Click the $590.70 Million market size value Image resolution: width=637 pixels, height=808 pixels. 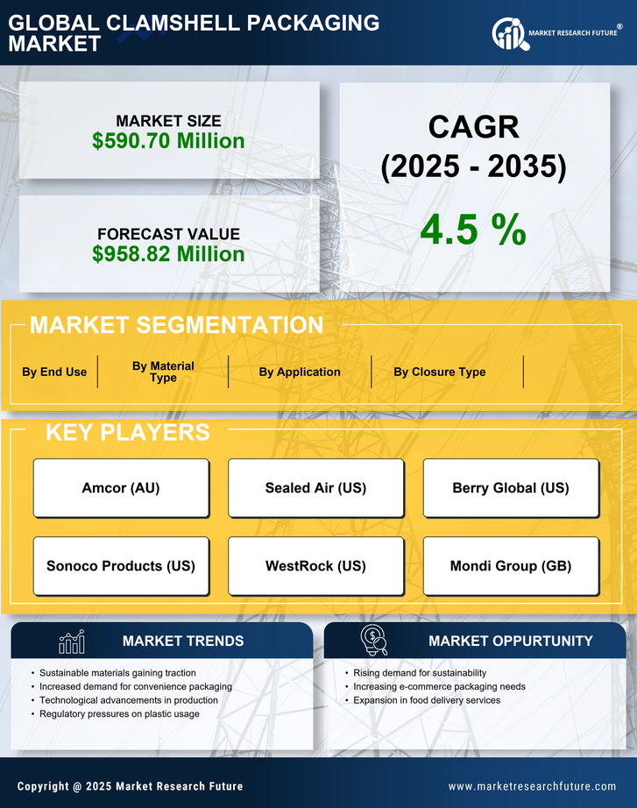click(x=168, y=140)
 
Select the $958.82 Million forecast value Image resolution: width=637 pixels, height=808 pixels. click(x=168, y=253)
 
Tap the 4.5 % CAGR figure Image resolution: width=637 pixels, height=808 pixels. click(x=473, y=229)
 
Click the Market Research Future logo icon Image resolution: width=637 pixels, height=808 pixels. click(x=509, y=34)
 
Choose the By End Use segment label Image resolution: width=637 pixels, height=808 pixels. click(x=54, y=372)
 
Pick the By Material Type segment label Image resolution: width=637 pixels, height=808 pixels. click(x=163, y=372)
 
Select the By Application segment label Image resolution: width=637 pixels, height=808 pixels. click(x=300, y=372)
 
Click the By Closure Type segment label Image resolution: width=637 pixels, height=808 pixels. click(x=439, y=372)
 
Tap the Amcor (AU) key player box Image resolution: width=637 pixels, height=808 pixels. click(x=121, y=487)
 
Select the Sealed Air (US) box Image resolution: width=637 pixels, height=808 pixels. click(x=315, y=487)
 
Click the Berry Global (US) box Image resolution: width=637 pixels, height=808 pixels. click(x=511, y=487)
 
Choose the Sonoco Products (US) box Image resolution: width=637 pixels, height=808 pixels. click(x=121, y=565)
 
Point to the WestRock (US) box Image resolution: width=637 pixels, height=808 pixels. click(x=315, y=565)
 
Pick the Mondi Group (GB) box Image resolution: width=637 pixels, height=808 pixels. click(x=511, y=565)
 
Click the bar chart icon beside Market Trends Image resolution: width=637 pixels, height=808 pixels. click(x=71, y=641)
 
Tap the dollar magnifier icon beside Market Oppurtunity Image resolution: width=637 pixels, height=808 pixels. click(x=373, y=641)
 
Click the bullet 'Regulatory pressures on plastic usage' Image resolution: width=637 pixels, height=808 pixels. click(x=119, y=714)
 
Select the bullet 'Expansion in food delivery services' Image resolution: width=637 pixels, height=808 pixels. click(x=427, y=700)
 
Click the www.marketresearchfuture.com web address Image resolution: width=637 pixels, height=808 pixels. click(x=532, y=786)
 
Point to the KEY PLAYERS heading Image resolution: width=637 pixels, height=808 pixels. click(x=127, y=432)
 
